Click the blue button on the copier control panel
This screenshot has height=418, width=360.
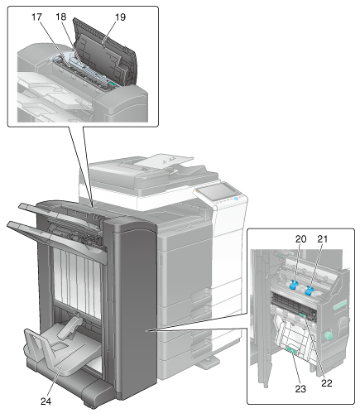pos(237,199)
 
